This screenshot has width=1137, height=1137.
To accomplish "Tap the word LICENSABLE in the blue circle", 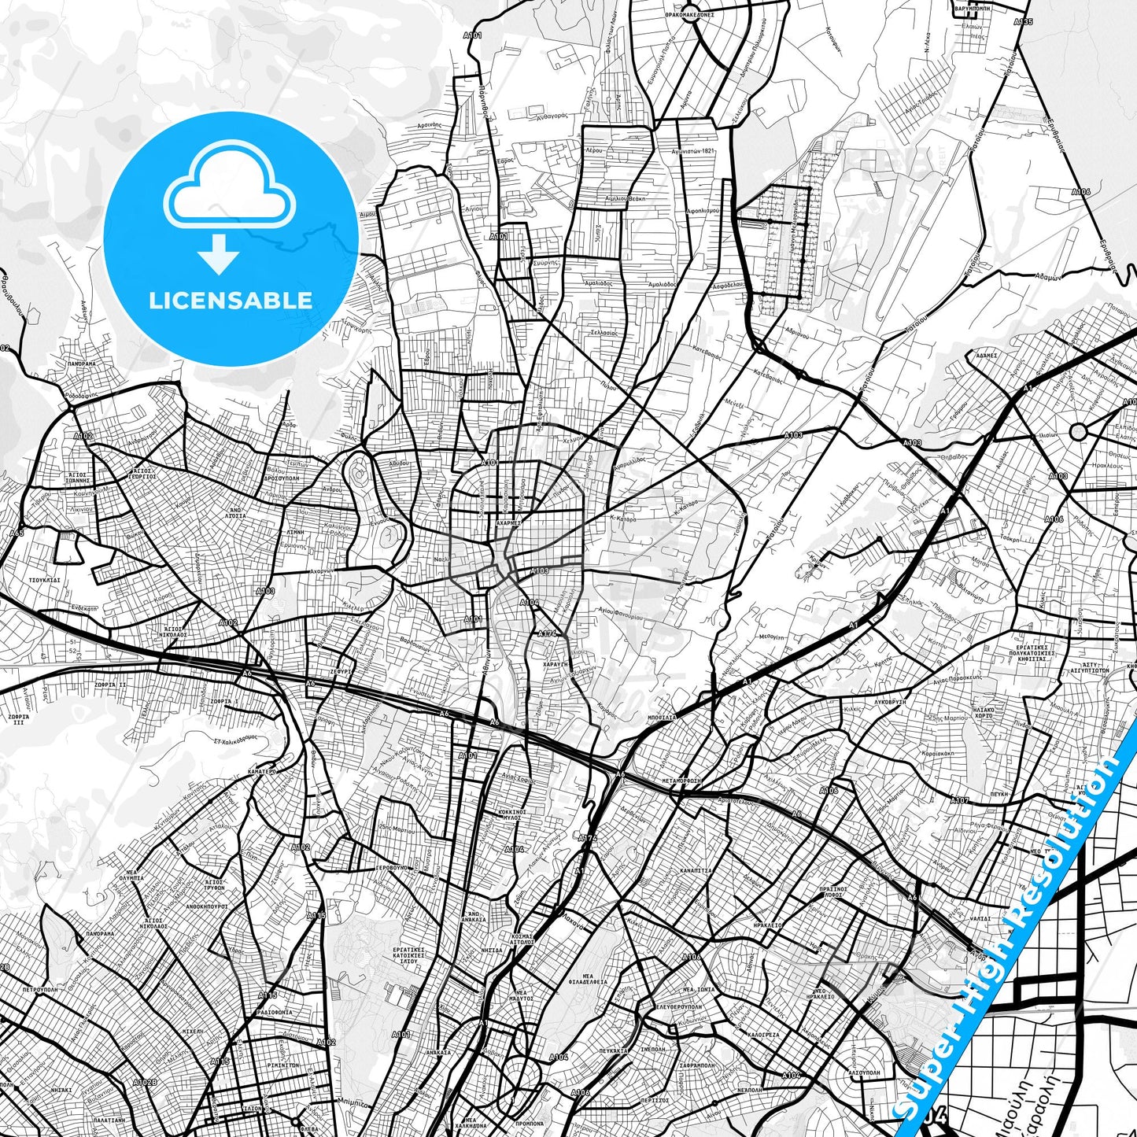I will pos(231,301).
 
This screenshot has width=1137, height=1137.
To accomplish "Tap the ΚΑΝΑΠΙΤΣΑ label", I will pos(696,871).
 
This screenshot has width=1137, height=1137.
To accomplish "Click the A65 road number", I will pos(17,533).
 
